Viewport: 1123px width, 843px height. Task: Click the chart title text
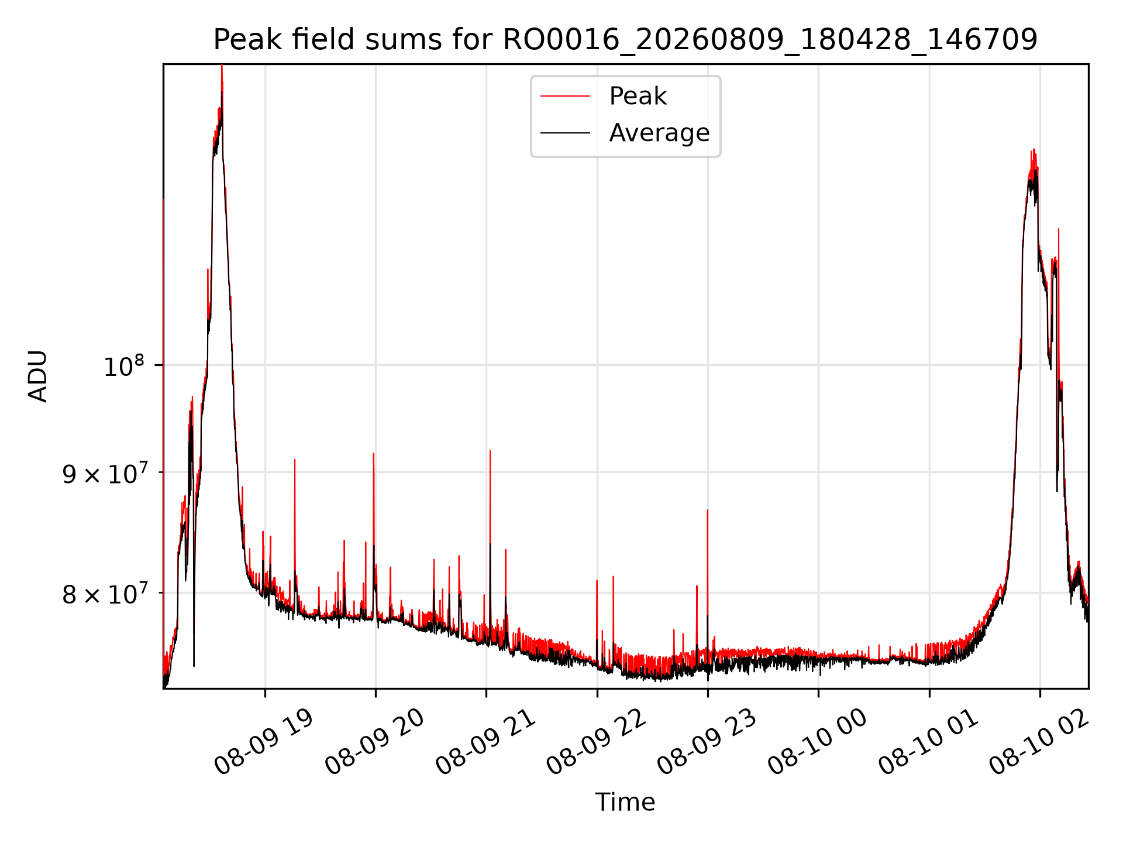[625, 40]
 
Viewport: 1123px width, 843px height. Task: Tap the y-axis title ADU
[37, 376]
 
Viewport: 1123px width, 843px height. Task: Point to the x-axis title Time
[625, 802]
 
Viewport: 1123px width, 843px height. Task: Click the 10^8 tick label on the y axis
[123, 366]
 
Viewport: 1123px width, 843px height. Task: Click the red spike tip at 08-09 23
[708, 510]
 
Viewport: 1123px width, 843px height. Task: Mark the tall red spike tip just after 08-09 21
[490, 451]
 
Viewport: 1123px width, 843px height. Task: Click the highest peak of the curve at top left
[222, 66]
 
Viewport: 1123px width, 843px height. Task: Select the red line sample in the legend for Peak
[565, 96]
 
